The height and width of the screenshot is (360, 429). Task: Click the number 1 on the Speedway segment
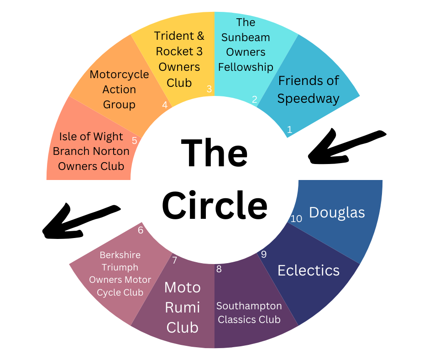[289, 129]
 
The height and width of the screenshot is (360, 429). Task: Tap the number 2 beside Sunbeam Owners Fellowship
[255, 99]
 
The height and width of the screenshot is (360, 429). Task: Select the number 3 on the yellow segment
[209, 89]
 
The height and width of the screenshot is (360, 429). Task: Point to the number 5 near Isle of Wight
[134, 140]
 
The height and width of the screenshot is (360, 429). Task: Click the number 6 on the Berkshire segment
[141, 230]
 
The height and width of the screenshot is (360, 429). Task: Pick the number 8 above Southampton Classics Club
[219, 269]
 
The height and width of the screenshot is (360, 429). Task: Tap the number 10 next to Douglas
[296, 219]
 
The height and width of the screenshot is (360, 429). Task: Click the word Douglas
[337, 212]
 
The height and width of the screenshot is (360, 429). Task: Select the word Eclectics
[309, 270]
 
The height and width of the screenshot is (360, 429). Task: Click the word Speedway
[308, 98]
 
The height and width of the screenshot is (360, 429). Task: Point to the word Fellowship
[246, 67]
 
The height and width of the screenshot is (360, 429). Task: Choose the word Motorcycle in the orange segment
[119, 74]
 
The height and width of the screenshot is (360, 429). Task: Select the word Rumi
[183, 307]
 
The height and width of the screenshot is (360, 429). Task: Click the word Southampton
[249, 306]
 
